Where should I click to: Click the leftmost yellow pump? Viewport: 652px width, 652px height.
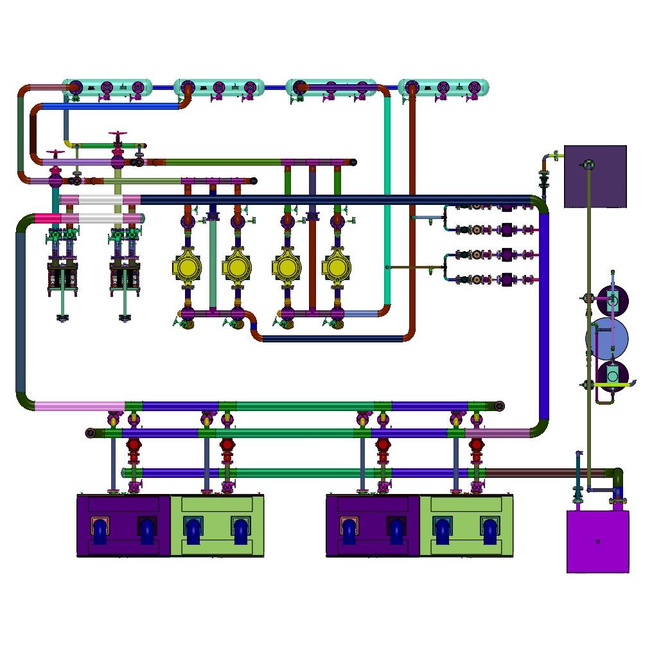click(x=187, y=267)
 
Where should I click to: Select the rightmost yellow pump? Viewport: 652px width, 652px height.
click(x=337, y=267)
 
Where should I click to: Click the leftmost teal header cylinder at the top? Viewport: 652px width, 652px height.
click(x=107, y=87)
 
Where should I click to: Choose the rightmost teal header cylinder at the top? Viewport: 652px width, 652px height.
click(x=443, y=87)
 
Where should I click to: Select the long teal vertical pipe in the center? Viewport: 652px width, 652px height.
click(x=387, y=193)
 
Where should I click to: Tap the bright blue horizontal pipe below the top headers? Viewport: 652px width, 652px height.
click(x=109, y=106)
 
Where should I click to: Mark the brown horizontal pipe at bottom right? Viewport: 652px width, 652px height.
click(x=546, y=473)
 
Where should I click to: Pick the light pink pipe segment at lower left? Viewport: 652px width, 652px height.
click(x=77, y=406)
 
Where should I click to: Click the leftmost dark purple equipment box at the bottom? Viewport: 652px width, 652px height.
click(x=123, y=525)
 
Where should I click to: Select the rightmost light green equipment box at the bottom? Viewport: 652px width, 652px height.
click(x=466, y=525)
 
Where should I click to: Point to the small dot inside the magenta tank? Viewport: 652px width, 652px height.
click(x=598, y=542)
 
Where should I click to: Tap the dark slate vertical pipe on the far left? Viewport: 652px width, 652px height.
click(x=21, y=308)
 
